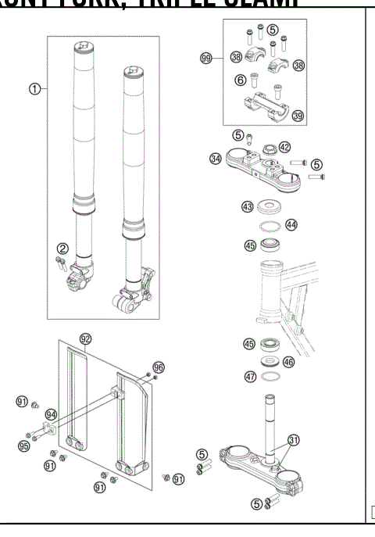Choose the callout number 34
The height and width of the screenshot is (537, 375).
[215, 159]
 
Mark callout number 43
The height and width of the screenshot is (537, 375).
[248, 206]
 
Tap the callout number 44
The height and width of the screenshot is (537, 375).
[291, 224]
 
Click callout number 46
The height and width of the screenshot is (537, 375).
[289, 362]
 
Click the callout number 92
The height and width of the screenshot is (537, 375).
[87, 338]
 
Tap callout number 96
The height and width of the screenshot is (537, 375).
[159, 366]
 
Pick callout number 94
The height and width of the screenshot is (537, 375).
[52, 415]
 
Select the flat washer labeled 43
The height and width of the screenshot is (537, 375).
[269, 207]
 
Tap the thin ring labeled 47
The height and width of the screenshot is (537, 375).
[269, 377]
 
